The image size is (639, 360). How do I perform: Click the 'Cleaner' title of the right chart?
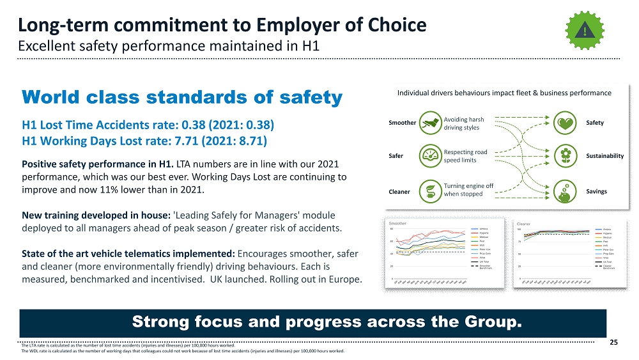coord(524,224)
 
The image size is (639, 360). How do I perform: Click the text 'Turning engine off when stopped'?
coord(468,190)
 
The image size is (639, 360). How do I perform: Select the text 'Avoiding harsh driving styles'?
coord(463,123)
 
